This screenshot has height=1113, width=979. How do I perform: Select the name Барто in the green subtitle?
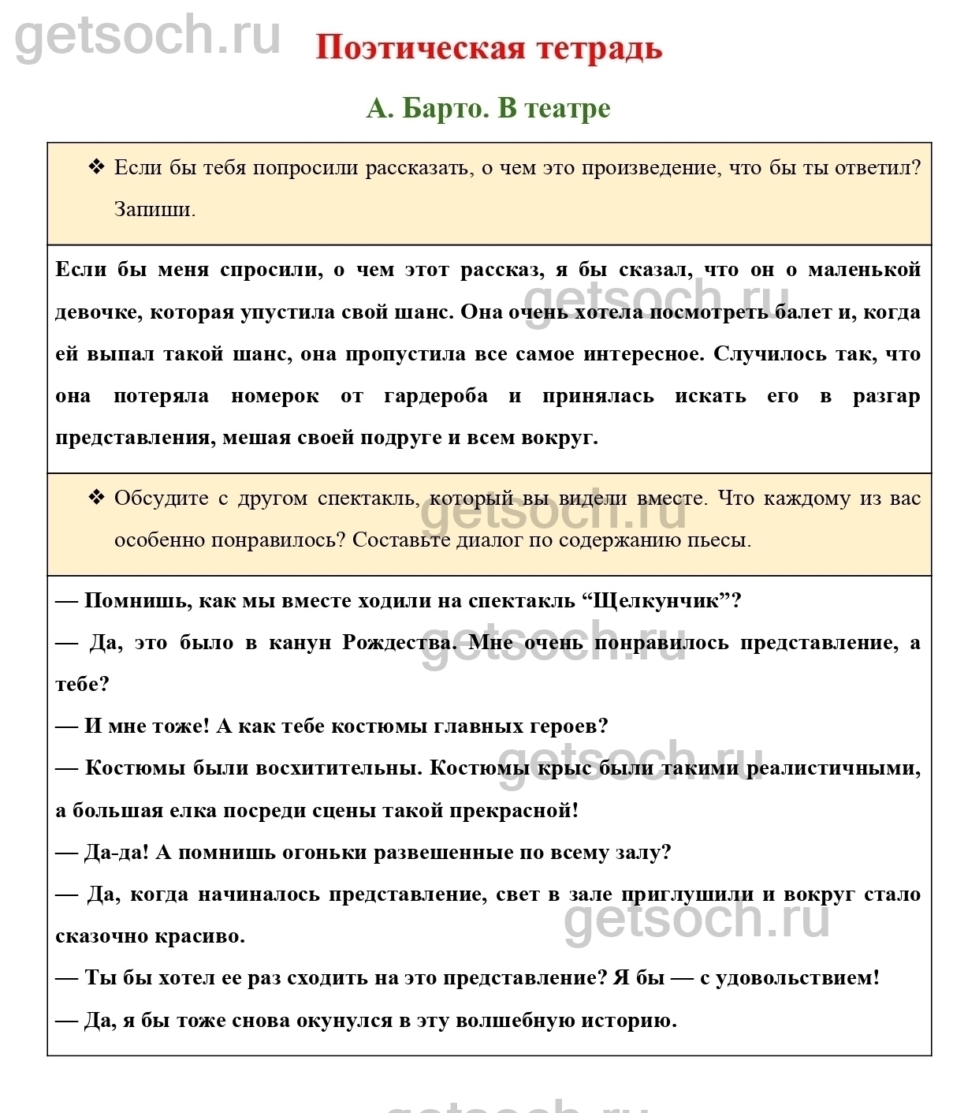click(445, 108)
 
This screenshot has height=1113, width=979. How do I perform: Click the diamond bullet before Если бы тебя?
click(96, 167)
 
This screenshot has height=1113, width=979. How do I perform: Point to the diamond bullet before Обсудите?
click(96, 498)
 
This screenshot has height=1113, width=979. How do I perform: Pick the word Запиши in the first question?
click(153, 209)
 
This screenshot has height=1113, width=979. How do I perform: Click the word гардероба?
click(436, 396)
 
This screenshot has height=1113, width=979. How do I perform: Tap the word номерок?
click(274, 396)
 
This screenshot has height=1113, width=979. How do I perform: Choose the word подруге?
click(400, 438)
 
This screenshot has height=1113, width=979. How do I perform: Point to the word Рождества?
click(398, 643)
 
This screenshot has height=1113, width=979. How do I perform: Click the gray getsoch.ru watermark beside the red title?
click(148, 35)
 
